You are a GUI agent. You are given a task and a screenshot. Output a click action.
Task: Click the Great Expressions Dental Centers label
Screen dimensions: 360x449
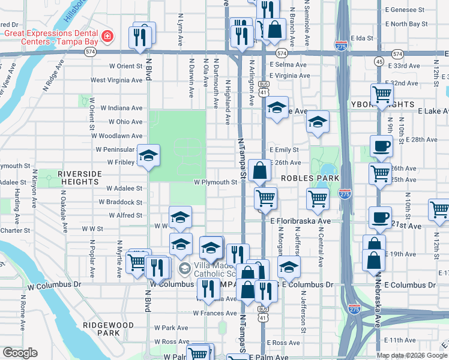50,38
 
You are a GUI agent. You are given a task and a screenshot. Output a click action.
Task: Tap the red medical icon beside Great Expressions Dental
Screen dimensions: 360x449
107,36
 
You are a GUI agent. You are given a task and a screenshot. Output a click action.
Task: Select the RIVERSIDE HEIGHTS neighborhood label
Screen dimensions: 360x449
77,177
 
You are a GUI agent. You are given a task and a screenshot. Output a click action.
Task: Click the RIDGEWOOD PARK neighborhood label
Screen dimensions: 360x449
108,328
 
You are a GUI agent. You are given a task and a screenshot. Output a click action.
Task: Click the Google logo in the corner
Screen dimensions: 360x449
20,353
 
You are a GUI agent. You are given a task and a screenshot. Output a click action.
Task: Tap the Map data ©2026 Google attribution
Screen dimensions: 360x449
412,355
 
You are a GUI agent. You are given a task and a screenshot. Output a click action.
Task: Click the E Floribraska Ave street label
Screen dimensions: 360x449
300,221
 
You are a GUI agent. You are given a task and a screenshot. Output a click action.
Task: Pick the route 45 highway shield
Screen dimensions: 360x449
379,61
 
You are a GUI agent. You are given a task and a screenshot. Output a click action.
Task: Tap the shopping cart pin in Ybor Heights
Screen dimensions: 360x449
382,94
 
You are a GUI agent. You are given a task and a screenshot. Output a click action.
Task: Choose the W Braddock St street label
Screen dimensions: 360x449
124,202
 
